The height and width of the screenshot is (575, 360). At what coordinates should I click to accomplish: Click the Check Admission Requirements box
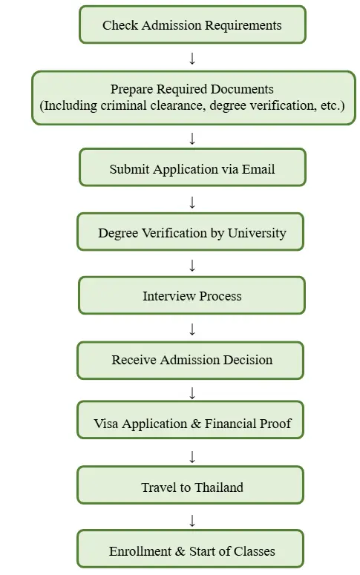(x=192, y=24)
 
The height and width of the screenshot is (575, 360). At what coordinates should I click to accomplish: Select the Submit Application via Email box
(x=192, y=167)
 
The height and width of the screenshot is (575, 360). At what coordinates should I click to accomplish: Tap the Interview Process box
(x=192, y=295)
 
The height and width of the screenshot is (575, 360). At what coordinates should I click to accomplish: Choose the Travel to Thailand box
(x=190, y=484)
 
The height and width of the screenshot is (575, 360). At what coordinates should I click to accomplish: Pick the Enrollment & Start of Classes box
(x=190, y=548)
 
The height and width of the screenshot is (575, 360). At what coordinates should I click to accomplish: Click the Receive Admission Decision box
(x=190, y=361)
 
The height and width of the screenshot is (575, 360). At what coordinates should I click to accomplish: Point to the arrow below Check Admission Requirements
(x=192, y=59)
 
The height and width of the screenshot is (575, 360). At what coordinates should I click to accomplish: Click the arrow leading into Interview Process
(x=192, y=265)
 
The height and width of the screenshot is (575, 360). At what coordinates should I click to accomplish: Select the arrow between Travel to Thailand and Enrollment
(x=192, y=520)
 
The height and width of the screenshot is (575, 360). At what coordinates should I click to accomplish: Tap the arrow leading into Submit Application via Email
(x=192, y=139)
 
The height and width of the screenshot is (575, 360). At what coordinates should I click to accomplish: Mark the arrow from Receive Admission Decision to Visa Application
(x=192, y=393)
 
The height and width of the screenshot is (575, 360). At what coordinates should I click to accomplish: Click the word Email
(x=258, y=169)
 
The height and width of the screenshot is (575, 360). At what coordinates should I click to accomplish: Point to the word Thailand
(x=218, y=487)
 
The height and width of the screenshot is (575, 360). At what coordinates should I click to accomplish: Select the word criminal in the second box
(x=118, y=105)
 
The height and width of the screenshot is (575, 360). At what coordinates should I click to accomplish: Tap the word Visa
(x=105, y=424)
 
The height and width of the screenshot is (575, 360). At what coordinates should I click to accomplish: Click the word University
(x=257, y=233)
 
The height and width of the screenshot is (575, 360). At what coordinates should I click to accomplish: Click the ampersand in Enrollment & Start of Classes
(x=180, y=551)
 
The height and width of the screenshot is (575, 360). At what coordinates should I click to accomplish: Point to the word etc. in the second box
(x=333, y=105)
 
